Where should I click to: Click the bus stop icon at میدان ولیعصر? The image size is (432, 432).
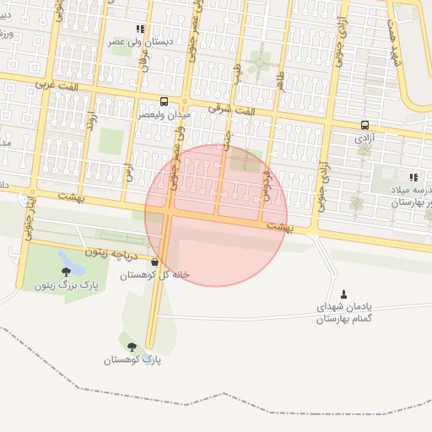coord(163,102)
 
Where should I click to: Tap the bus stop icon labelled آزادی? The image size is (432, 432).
coord(364,125)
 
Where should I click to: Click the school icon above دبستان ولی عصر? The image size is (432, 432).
coord(140,29)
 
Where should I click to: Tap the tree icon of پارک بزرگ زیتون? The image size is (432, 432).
coord(66,272)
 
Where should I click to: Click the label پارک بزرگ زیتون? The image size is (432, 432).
coord(66,285)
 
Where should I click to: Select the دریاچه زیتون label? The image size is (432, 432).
coord(116,251)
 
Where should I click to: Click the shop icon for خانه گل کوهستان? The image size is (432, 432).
coord(154,262)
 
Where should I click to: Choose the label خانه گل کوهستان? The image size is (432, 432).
coord(154,275)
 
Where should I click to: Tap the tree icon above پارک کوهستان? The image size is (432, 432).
coord(131,346)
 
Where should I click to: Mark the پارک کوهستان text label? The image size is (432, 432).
coord(132,360)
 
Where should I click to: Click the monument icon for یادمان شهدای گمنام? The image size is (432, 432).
coord(343,294)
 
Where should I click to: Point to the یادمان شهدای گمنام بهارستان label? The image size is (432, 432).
coord(343,313)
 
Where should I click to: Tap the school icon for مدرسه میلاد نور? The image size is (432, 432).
coord(413,178)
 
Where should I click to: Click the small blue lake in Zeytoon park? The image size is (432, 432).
coord(71,262)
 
